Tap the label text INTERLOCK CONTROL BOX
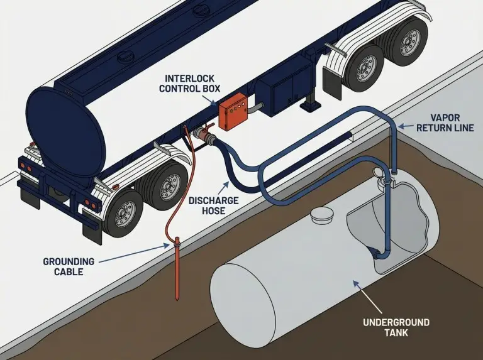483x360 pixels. [x=189, y=83]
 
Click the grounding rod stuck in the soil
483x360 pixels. [x=177, y=264]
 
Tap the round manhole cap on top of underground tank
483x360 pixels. [x=323, y=214]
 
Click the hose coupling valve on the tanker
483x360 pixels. [x=204, y=133]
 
